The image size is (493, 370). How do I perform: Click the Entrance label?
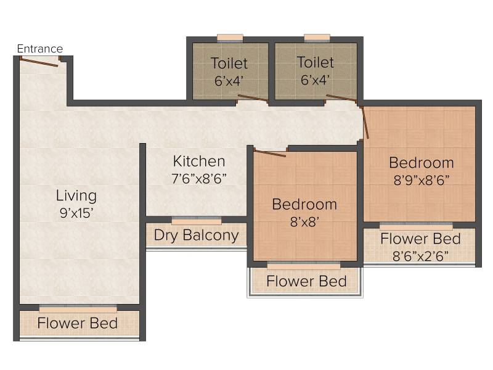tap(40, 49)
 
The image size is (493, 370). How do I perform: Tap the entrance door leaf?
tap(39, 62)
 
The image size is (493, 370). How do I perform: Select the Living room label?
tap(76, 195)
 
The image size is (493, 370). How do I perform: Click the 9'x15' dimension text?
tap(76, 213)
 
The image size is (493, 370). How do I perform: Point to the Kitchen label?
tap(199, 161)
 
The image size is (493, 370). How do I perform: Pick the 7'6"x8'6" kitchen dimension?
tap(199, 179)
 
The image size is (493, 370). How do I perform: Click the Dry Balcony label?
tap(197, 236)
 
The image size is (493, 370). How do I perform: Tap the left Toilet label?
tap(229, 63)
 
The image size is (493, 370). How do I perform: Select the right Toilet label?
tap(316, 62)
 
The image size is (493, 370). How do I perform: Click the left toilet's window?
tap(230, 38)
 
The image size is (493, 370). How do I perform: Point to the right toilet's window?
tap(317, 38)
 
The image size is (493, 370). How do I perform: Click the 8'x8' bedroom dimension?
tap(304, 222)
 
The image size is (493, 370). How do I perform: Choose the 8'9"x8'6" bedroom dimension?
tap(422, 180)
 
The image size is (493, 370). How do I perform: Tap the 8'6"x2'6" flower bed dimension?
tap(420, 256)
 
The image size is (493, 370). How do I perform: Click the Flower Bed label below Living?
tap(78, 323)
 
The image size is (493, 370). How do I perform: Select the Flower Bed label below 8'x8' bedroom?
tap(306, 281)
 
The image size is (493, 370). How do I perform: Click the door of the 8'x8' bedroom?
tap(269, 153)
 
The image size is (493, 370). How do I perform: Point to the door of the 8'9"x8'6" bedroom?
tap(364, 122)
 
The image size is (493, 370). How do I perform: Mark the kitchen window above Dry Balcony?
tap(197, 221)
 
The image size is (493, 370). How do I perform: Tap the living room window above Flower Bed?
tap(78, 309)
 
